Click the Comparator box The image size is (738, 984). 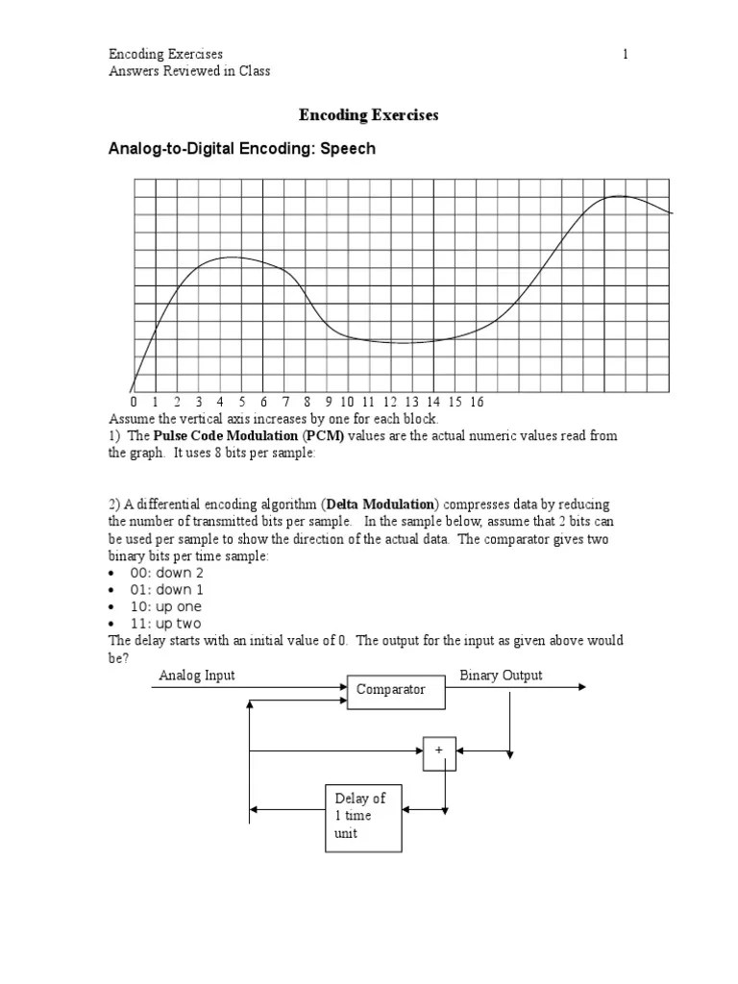click(x=390, y=690)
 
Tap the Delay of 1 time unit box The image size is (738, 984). click(x=362, y=816)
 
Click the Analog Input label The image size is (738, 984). click(x=196, y=676)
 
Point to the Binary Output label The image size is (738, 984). click(x=501, y=676)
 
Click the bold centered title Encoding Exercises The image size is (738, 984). click(x=368, y=115)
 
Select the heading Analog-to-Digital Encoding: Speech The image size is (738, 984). click(x=241, y=149)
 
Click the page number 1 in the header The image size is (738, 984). click(x=626, y=55)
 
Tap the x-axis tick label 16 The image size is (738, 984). click(x=477, y=402)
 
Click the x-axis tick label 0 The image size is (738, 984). click(x=133, y=402)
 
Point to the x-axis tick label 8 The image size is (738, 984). click(x=307, y=402)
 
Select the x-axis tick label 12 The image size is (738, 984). click(x=390, y=402)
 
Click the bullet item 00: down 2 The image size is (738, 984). click(x=166, y=573)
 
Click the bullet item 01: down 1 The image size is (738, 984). click(x=166, y=590)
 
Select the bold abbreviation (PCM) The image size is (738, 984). click(x=325, y=436)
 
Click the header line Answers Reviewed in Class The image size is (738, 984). click(x=189, y=71)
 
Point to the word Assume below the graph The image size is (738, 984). click(x=130, y=420)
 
